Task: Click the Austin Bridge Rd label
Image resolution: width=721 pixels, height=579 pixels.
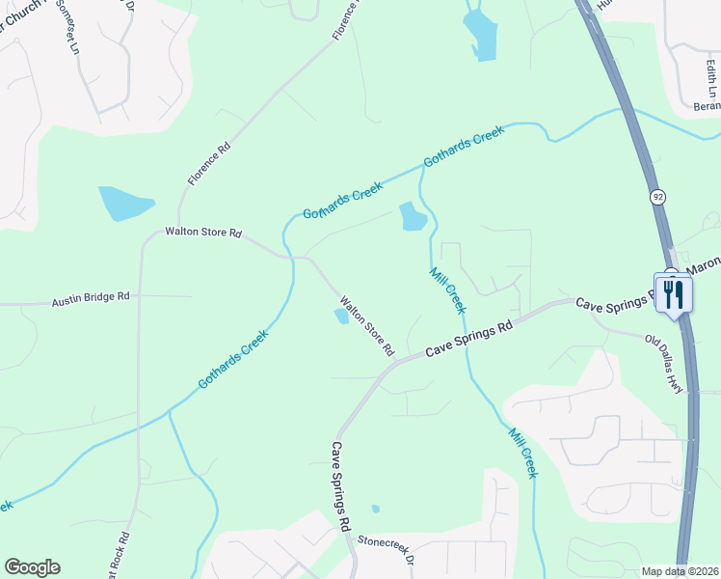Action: point(90,300)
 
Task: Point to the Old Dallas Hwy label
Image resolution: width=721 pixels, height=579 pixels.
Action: point(663,361)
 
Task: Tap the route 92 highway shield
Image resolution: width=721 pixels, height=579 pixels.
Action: point(658,197)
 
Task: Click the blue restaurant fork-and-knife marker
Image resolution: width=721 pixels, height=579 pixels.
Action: point(673,293)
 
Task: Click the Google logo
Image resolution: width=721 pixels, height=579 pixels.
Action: point(32,567)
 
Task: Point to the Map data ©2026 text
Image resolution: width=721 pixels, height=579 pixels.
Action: point(680,571)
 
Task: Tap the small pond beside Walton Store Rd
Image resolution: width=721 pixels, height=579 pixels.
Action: point(341,315)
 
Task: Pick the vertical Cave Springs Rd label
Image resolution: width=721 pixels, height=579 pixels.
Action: point(340,487)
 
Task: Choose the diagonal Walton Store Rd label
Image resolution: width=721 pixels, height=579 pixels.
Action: point(366,327)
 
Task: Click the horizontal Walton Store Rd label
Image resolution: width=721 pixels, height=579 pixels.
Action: point(202,233)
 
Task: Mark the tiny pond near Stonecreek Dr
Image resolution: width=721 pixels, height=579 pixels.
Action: point(375,509)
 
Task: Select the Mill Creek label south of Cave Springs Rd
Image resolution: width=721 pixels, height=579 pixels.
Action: point(521,454)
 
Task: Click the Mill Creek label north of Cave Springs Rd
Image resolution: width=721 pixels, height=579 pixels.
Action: point(447,290)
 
